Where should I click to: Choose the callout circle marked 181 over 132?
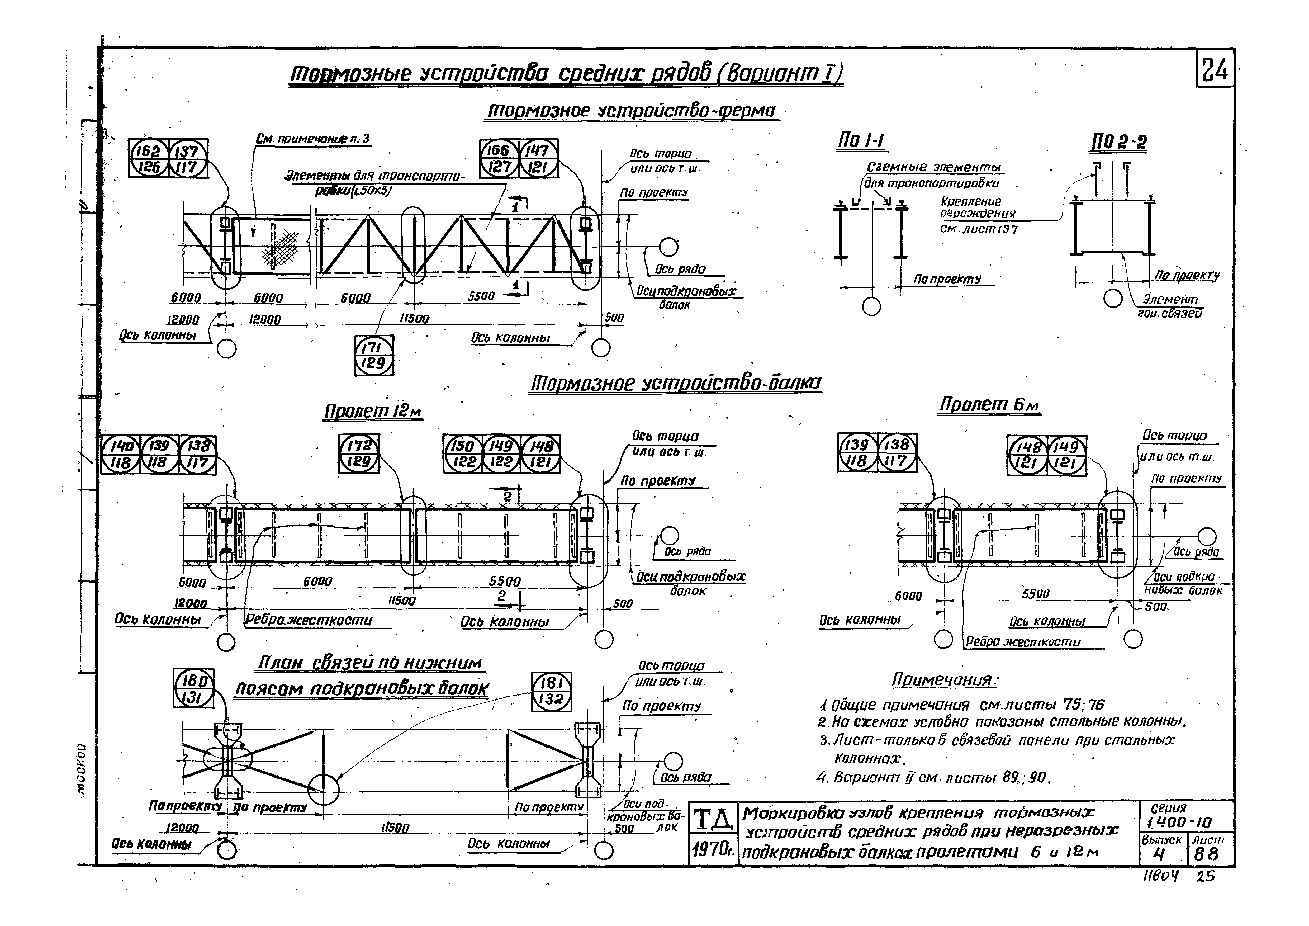click(x=551, y=691)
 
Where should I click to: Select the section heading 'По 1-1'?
click(x=861, y=141)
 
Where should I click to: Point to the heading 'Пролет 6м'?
click(x=989, y=405)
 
